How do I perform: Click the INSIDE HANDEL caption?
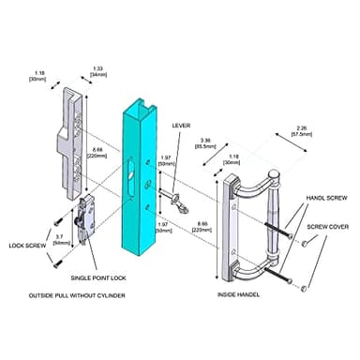click(x=238, y=297)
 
